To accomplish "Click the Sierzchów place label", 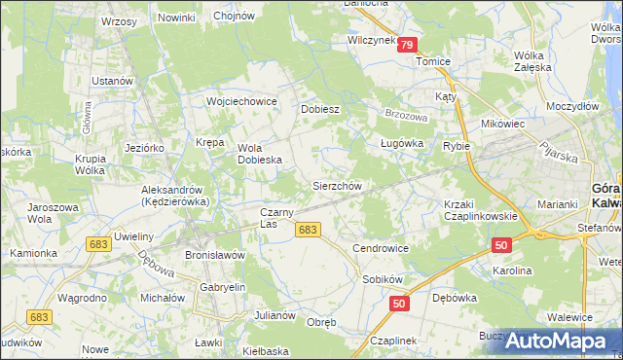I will click(x=336, y=185).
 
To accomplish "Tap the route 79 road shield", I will click(x=407, y=45).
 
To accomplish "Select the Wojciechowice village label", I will click(x=241, y=101).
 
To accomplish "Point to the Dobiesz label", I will click(x=319, y=109).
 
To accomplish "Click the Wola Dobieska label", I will click(x=260, y=154).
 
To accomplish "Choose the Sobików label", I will click(x=384, y=278).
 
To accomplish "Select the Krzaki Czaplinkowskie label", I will click(x=472, y=209).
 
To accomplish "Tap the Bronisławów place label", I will click(x=213, y=255).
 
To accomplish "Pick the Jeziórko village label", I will click(x=144, y=146).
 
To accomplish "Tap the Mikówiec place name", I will click(x=502, y=125).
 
